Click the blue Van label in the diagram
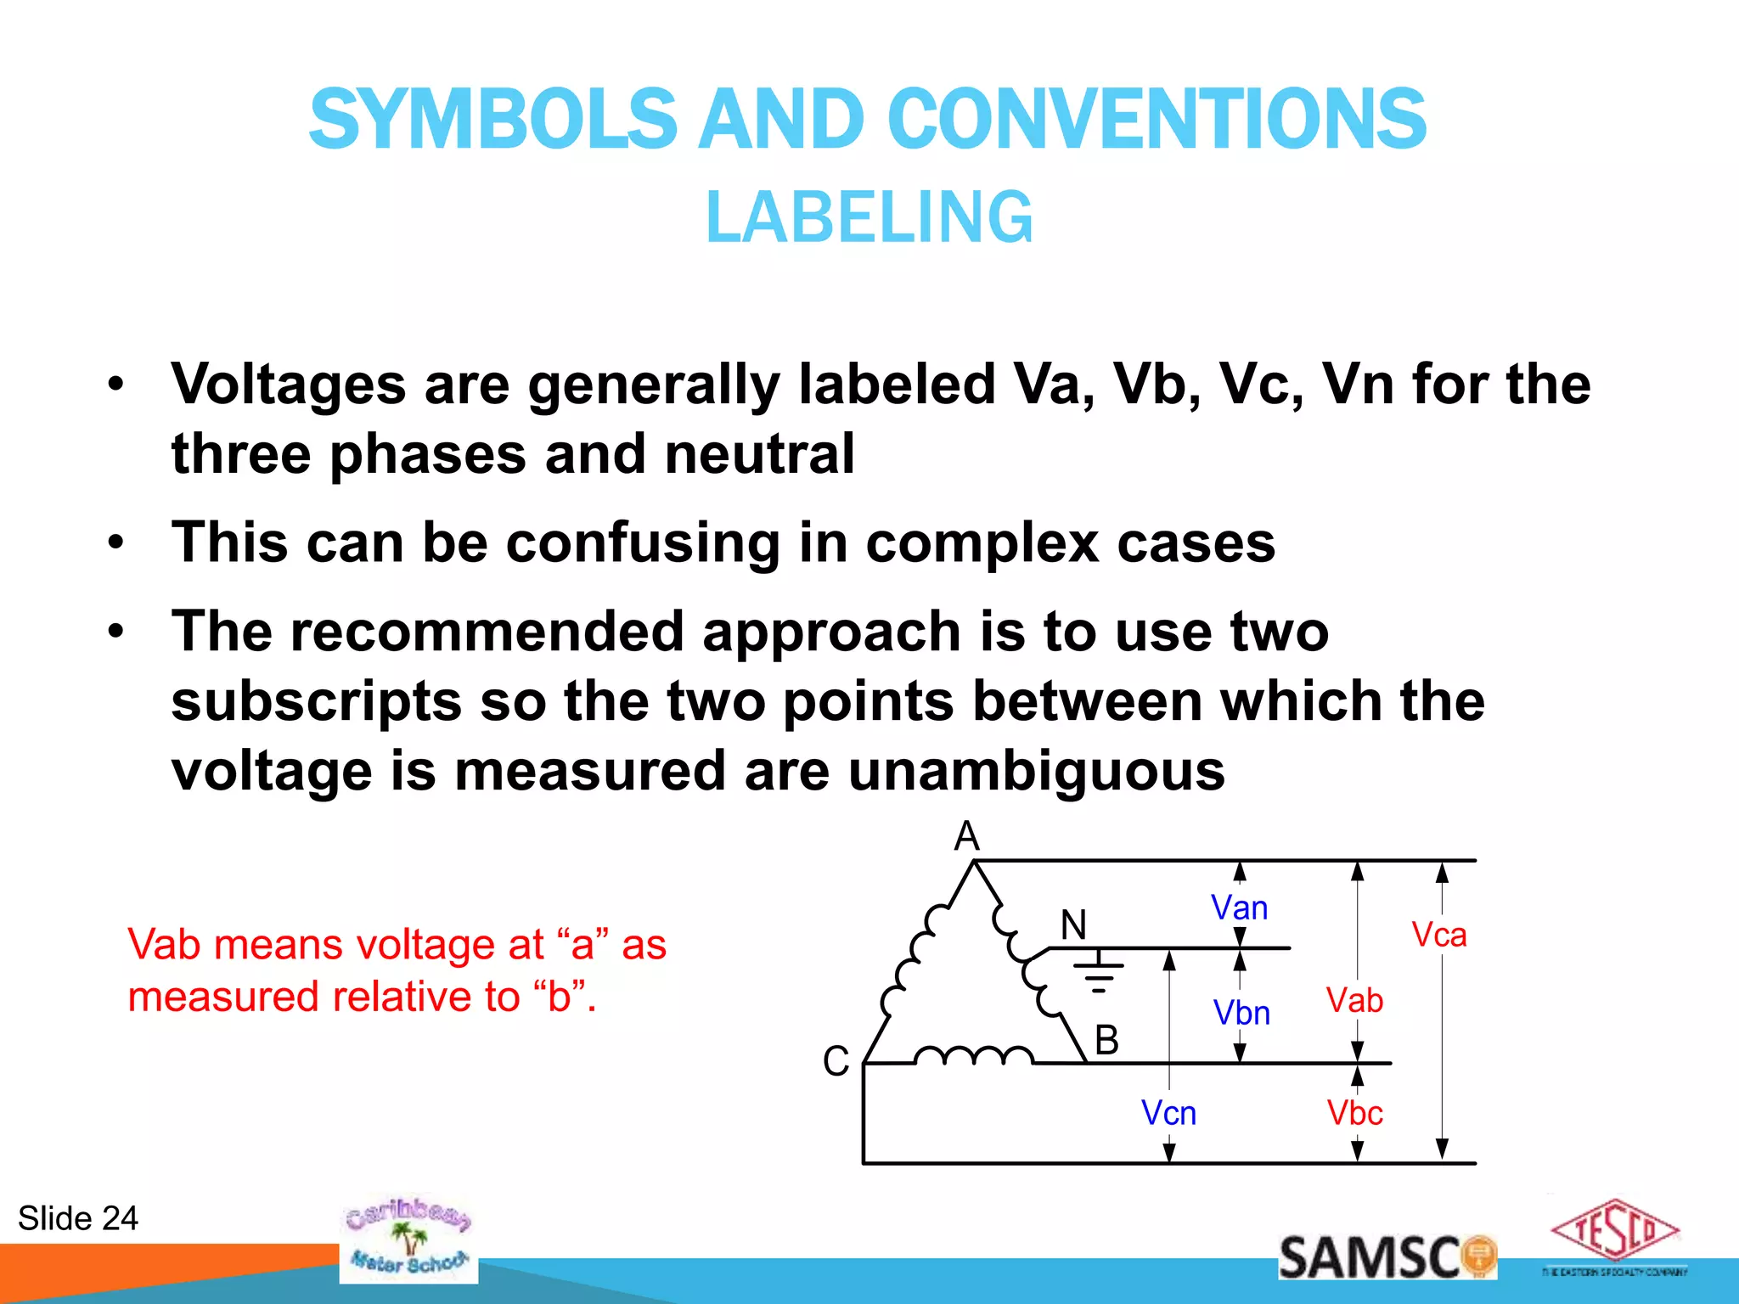tap(1239, 908)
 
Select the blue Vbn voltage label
tap(1241, 1013)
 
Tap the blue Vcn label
tap(1168, 1113)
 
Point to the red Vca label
tap(1439, 935)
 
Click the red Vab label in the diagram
tap(1354, 1001)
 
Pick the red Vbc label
tap(1355, 1113)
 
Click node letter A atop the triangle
tap(966, 837)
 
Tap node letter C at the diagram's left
tap(836, 1061)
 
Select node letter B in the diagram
tap(1106, 1040)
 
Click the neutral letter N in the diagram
tap(1073, 925)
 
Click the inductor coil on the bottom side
tap(973, 1055)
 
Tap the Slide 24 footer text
tap(78, 1218)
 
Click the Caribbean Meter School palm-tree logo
tap(408, 1239)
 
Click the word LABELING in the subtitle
tap(869, 217)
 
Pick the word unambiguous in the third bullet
tap(1036, 771)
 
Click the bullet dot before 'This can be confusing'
tap(116, 542)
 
